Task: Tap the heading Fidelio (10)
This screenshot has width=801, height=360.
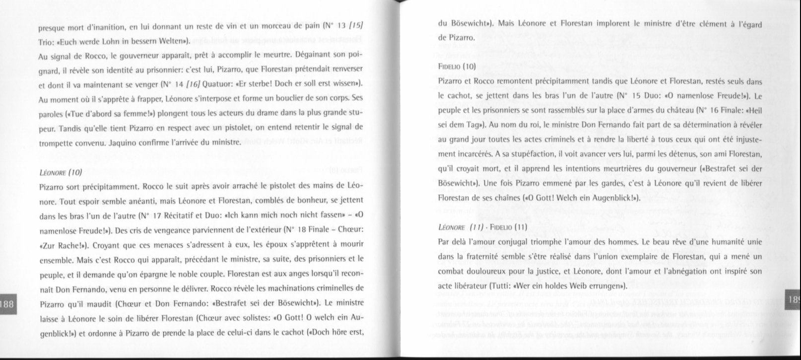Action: tap(457, 66)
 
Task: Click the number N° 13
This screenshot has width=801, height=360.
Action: tap(333, 24)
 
